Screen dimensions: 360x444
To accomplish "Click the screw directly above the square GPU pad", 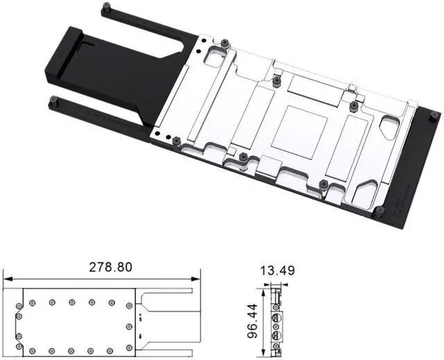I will [277, 80].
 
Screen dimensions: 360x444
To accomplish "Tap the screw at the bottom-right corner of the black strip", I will [379, 209].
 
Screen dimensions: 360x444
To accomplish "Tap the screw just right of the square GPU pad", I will [353, 106].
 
